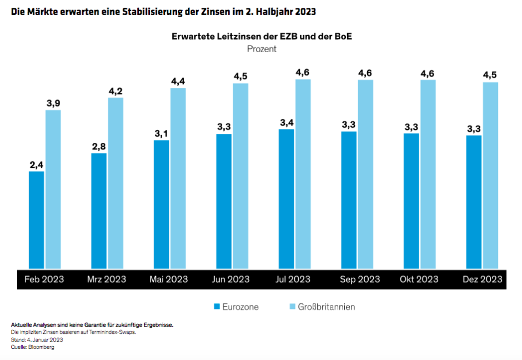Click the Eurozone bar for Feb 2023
[37, 221]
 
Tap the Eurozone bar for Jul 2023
[287, 199]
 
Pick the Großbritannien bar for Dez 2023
[490, 176]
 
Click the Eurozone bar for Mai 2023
[162, 205]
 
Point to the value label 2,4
[37, 164]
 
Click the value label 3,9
[53, 103]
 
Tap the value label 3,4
[287, 122]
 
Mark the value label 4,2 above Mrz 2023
[116, 91]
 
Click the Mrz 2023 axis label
[107, 279]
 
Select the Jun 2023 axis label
[231, 279]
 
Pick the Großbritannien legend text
[327, 307]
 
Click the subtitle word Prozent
[262, 49]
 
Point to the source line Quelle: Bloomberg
[33, 347]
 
